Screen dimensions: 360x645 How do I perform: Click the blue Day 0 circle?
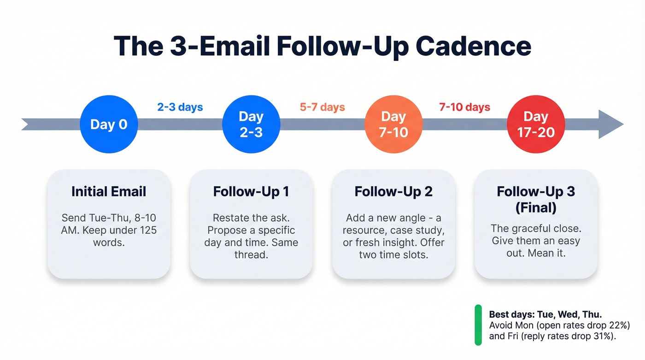tap(109, 124)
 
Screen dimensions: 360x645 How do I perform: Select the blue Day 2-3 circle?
tap(251, 124)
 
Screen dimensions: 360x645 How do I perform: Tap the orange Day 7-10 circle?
tap(393, 124)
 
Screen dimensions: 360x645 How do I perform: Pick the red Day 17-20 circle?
tap(536, 124)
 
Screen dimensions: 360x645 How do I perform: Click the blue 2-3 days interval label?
tap(180, 107)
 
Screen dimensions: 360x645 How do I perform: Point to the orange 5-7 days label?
tap(322, 107)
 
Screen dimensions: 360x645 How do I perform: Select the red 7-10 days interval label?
tap(464, 107)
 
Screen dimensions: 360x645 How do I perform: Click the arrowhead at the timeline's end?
tap(610, 124)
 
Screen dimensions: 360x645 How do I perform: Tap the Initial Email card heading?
tap(109, 191)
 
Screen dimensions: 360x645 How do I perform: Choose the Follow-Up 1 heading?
tap(251, 191)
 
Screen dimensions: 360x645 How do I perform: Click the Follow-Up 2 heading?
tap(393, 191)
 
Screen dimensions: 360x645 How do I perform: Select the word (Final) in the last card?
tap(536, 208)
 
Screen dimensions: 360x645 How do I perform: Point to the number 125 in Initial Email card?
tap(147, 230)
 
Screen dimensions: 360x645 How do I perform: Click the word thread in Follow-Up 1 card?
tap(251, 254)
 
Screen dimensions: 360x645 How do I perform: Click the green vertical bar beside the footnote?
tap(478, 325)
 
